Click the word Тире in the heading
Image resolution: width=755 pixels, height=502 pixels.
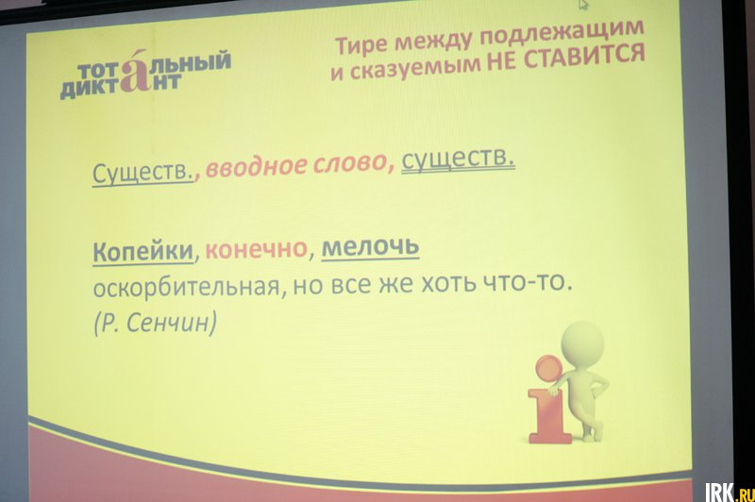click(361, 44)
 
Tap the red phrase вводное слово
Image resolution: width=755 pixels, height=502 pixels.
click(296, 164)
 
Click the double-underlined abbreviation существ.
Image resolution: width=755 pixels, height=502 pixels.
click(458, 159)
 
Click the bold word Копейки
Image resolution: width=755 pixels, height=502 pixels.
click(143, 251)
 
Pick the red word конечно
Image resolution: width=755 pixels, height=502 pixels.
click(256, 248)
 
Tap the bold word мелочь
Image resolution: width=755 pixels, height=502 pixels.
click(370, 246)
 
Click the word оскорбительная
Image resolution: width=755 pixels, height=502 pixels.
click(186, 288)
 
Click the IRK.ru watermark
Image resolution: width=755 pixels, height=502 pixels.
click(729, 492)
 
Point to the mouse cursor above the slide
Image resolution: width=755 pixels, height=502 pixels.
click(583, 5)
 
